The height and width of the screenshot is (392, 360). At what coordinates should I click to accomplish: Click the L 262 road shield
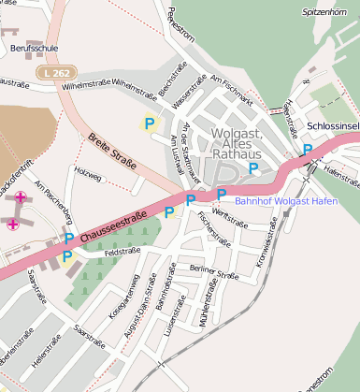pyautogui.click(x=53, y=72)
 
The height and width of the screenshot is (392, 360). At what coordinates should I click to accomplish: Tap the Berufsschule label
pyautogui.click(x=28, y=45)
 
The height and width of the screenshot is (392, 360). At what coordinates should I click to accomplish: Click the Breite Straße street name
pyautogui.click(x=111, y=152)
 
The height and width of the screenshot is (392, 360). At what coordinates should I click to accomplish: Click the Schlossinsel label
pyautogui.click(x=332, y=125)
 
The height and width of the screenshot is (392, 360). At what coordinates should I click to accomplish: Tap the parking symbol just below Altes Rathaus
pyautogui.click(x=253, y=168)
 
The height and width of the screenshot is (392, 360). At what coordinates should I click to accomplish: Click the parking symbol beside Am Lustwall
pyautogui.click(x=149, y=123)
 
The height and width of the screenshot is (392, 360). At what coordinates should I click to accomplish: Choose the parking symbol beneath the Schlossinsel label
pyautogui.click(x=307, y=150)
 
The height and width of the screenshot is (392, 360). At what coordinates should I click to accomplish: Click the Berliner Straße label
pyautogui.click(x=214, y=272)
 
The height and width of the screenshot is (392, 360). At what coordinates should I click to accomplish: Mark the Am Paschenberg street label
pyautogui.click(x=53, y=200)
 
